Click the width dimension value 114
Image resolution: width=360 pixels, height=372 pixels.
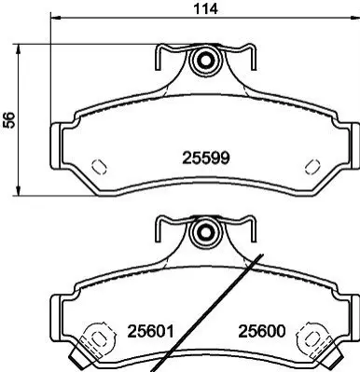(x=205, y=8)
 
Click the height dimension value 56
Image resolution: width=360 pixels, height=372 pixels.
(x=9, y=119)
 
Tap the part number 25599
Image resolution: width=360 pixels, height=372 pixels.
(x=206, y=158)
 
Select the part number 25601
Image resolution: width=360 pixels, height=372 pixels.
(x=150, y=331)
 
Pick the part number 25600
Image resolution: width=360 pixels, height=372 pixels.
(x=262, y=331)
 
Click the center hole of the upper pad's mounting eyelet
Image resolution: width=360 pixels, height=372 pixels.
(x=205, y=61)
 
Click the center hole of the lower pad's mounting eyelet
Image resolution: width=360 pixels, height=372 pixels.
(x=205, y=232)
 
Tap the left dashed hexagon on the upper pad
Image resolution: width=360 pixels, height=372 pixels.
(x=100, y=167)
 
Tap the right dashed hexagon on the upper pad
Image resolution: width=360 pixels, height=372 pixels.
(x=312, y=167)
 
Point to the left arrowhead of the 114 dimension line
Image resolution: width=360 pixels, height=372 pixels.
(x=55, y=17)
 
